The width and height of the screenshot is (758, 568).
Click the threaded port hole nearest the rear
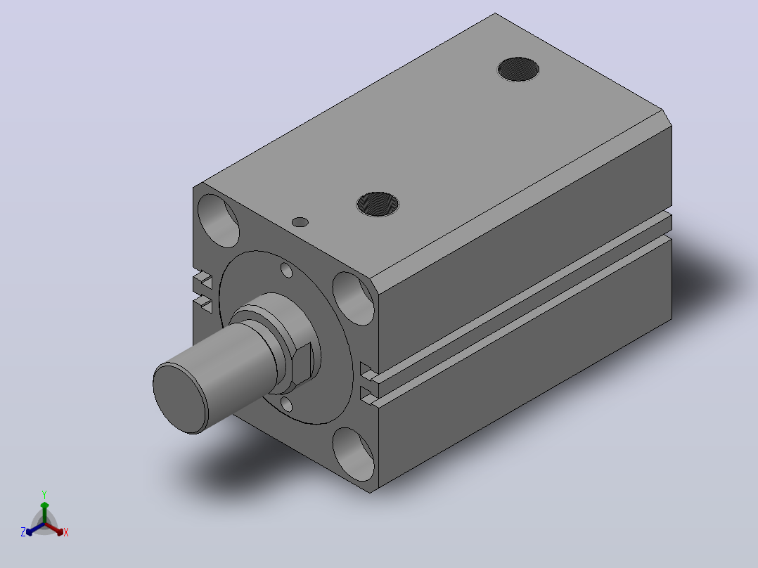pos(518,69)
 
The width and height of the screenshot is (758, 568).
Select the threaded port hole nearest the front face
pos(378,204)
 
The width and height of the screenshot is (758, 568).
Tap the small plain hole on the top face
pos(300,222)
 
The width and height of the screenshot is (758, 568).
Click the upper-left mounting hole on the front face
pos(219,221)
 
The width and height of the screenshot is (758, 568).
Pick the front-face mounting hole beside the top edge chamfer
pos(354,298)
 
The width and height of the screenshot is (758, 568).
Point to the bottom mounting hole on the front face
pos(354,454)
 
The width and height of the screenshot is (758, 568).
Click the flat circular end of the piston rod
pos(180,399)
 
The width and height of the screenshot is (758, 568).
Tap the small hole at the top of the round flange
pos(287,270)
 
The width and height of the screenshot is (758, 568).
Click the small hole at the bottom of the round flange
pos(286,404)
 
